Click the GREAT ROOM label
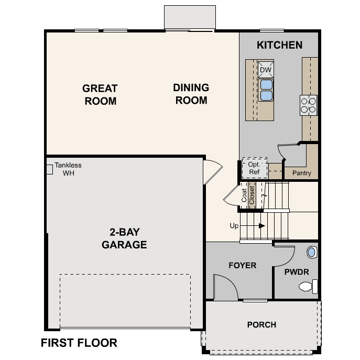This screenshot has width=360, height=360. [100, 94]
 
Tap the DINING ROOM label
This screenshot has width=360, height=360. [191, 94]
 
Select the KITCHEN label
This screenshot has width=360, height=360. [279, 45]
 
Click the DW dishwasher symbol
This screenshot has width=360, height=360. [266, 70]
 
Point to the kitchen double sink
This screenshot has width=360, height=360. [266, 90]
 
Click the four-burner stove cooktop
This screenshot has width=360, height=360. [308, 105]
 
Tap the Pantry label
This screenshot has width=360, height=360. [301, 173]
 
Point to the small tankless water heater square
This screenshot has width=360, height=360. [50, 169]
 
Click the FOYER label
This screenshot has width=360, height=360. [243, 265]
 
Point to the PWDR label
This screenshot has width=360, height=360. [297, 272]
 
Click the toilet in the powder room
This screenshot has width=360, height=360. [308, 286]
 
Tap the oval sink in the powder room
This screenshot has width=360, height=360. [311, 252]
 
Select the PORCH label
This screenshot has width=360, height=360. [261, 325]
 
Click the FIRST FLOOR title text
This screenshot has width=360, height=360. [79, 343]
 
